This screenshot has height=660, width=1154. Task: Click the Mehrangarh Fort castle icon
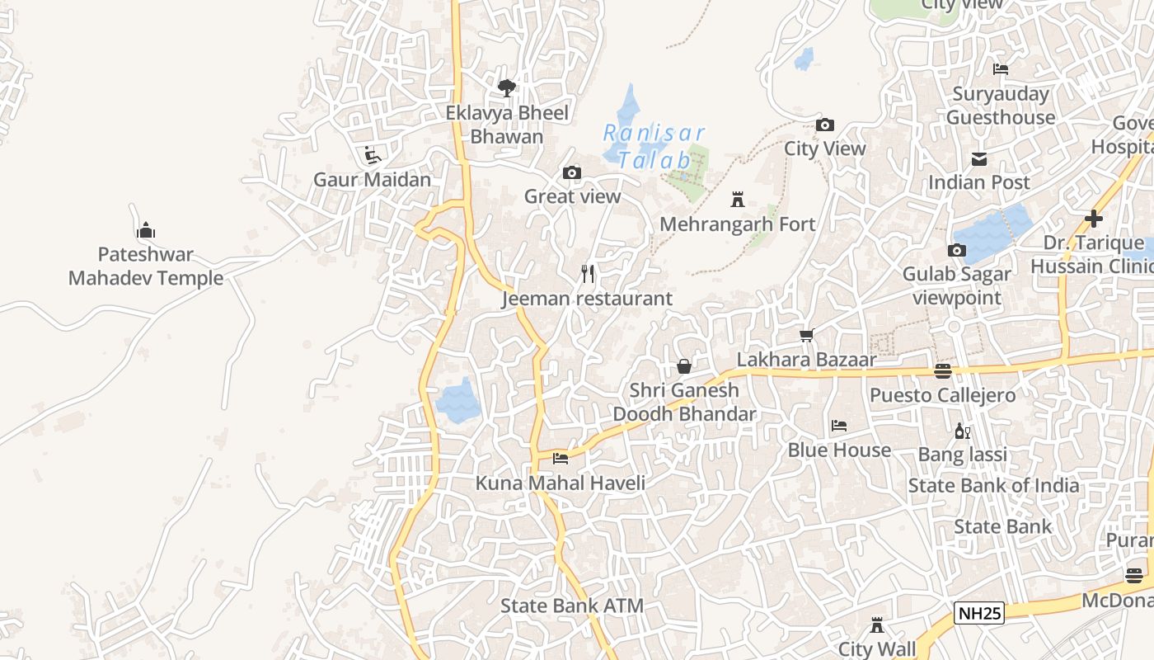coord(738,200)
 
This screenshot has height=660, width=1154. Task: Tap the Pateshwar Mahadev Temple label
coord(146,266)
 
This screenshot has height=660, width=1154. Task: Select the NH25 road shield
coord(979,613)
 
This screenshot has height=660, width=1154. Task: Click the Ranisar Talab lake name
coord(654,146)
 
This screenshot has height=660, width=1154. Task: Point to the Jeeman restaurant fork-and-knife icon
coord(588,273)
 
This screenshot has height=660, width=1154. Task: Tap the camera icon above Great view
coord(572,172)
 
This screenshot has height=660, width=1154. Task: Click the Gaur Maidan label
coord(372,179)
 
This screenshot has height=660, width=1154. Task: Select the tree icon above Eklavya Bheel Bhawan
coord(507,87)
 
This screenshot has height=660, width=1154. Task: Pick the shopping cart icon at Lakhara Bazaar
coord(807,335)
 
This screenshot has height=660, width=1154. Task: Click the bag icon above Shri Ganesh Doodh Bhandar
coord(684,365)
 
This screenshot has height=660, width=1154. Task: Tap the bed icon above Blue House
coord(839,426)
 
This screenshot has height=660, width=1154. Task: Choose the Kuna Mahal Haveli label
coord(561,483)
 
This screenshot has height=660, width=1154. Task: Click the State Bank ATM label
coord(572,606)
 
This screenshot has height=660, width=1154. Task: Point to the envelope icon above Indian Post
coord(979,158)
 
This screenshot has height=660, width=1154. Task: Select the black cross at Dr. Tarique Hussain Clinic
coord(1094,219)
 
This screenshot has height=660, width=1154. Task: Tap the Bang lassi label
coord(963,455)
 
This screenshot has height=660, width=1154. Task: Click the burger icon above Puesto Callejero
coord(943,370)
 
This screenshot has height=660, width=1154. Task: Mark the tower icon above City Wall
coord(877,625)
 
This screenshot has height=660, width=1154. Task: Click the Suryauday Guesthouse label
coord(1000,106)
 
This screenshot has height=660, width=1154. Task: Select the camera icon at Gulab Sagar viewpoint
coord(957,250)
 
